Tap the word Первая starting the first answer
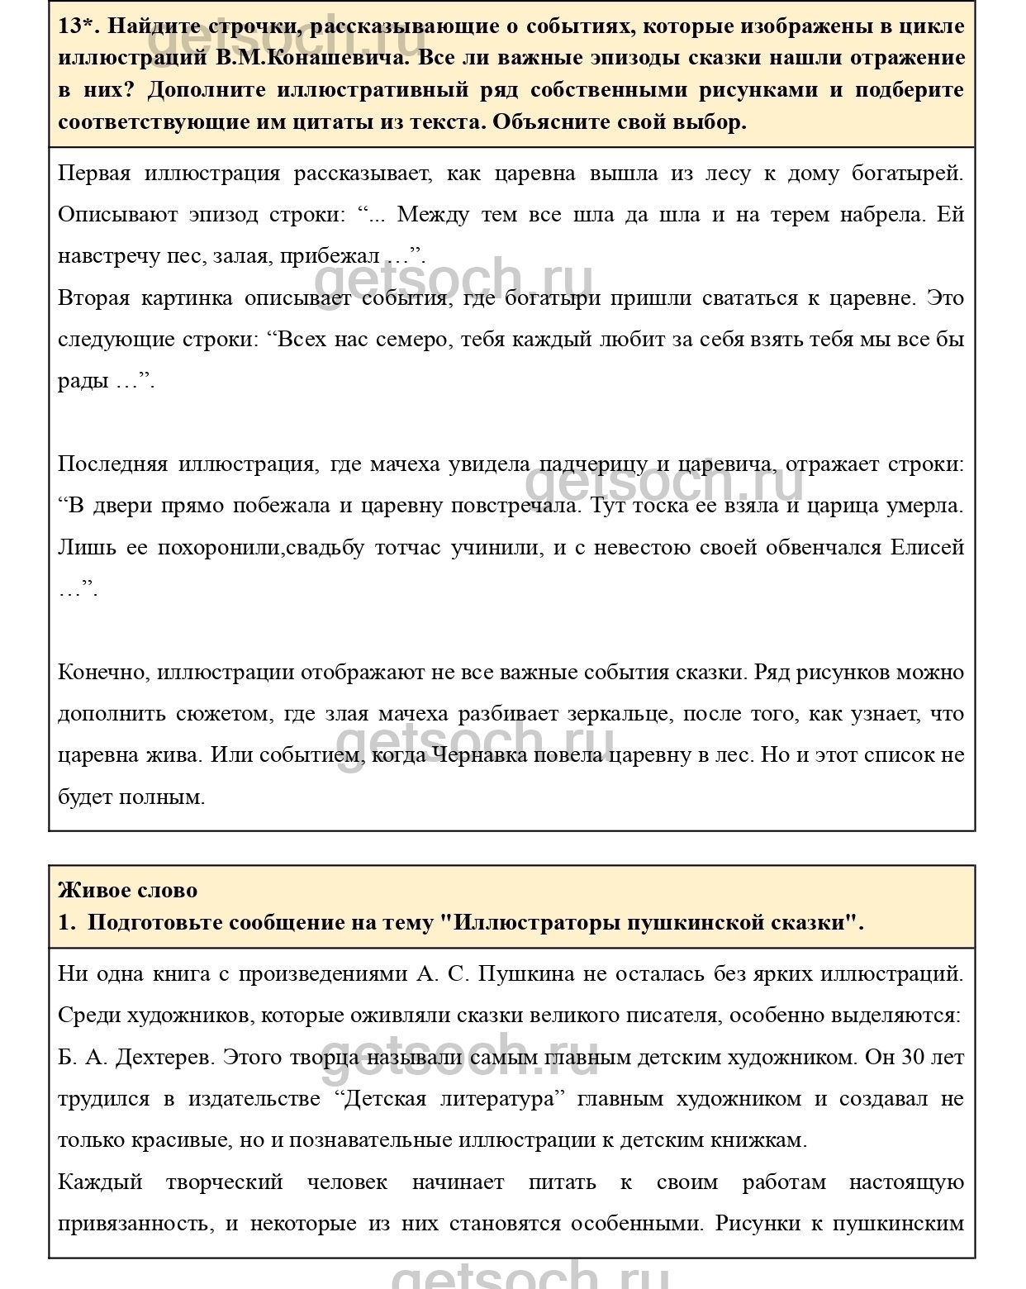click(94, 174)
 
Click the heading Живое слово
click(128, 890)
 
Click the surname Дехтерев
click(163, 1057)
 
